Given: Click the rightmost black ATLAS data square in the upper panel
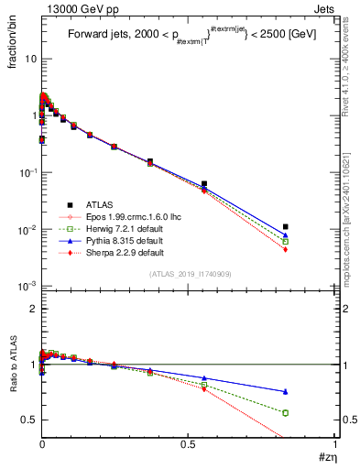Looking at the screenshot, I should click(x=286, y=226).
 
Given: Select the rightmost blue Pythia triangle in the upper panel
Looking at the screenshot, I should click(x=286, y=235).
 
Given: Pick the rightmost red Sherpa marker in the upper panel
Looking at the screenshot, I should click(x=286, y=249).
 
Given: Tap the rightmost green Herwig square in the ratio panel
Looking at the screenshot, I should click(x=286, y=412).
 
